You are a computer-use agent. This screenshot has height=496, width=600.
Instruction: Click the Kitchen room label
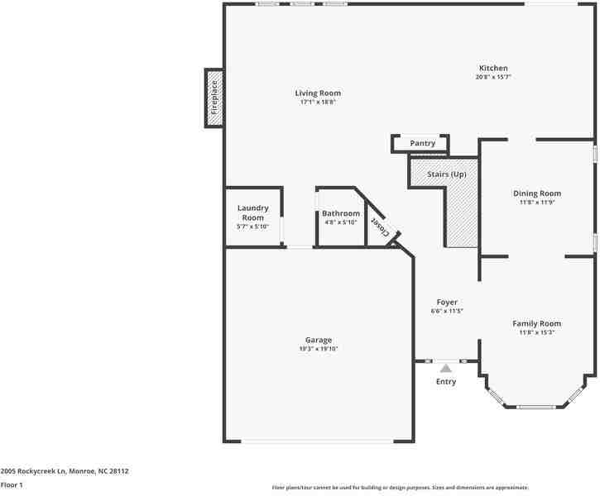point(493,69)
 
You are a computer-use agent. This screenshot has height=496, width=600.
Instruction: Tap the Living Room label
point(318,93)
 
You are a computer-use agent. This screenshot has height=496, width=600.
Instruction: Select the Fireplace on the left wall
point(214,98)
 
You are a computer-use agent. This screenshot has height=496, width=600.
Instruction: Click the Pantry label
point(422,143)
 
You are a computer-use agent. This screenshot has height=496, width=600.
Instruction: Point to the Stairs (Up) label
point(447,174)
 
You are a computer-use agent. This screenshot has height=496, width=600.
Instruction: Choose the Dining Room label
point(537,193)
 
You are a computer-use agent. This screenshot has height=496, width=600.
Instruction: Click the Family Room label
point(537,324)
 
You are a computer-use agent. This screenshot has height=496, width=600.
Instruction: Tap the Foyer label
point(447,303)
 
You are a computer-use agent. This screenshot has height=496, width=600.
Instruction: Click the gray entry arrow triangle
point(446,369)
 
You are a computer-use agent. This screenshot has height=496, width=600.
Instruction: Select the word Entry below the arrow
point(446,382)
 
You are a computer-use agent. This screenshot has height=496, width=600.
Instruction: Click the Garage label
point(319,340)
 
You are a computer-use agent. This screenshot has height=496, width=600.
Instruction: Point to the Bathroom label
point(341,213)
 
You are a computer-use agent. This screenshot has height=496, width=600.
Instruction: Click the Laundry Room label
point(253,212)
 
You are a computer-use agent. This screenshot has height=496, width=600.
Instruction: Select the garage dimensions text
point(319,349)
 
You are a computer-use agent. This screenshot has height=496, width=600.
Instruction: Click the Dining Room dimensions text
point(537,203)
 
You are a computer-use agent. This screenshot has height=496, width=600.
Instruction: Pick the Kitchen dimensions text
point(493,77)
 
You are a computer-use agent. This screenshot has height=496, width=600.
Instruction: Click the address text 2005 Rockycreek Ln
point(34,471)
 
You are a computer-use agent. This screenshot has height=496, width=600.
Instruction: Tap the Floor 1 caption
point(12,485)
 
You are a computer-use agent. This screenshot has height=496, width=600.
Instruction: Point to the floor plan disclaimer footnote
point(401,488)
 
